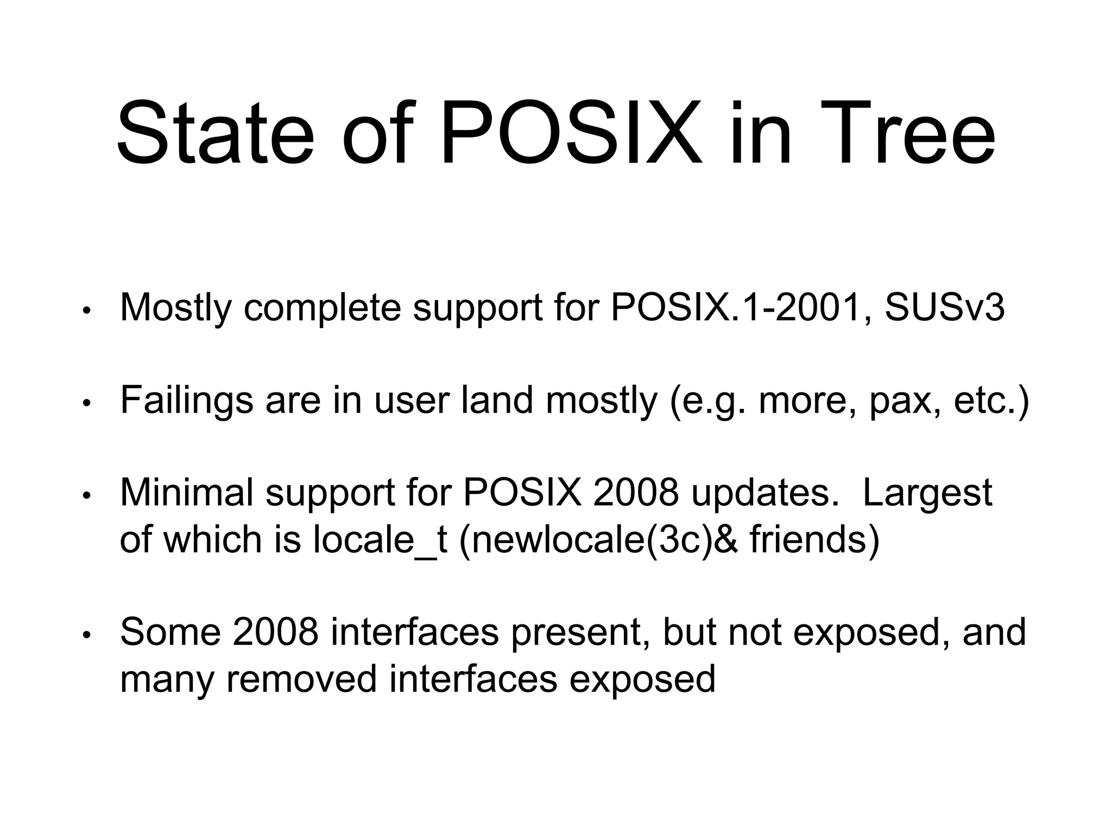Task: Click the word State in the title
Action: [214, 133]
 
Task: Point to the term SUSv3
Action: [944, 307]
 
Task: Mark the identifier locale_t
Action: [380, 540]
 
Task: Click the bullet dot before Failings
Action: [85, 403]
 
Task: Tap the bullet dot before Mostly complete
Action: [85, 311]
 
